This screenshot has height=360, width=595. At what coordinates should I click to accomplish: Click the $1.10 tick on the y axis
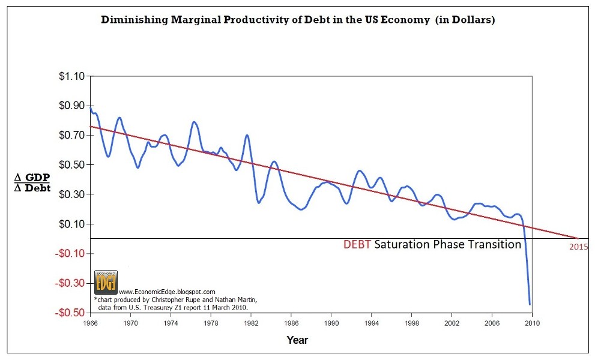click(x=71, y=76)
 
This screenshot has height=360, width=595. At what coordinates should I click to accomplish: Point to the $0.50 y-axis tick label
click(x=71, y=165)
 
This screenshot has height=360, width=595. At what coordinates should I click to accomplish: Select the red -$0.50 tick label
click(x=70, y=313)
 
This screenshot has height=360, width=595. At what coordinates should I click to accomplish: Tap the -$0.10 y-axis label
click(x=70, y=254)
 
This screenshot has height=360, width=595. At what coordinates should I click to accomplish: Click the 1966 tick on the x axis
click(x=90, y=323)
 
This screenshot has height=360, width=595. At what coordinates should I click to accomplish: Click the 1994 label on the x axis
click(x=372, y=323)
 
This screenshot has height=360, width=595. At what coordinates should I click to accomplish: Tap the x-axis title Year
click(x=297, y=340)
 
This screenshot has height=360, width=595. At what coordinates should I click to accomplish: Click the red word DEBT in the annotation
click(x=357, y=245)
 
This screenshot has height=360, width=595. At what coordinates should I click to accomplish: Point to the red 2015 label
click(x=579, y=246)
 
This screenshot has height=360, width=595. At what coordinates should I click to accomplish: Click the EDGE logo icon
click(x=106, y=281)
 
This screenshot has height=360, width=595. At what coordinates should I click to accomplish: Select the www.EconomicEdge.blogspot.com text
click(x=163, y=291)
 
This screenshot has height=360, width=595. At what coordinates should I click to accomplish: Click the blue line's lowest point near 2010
click(x=530, y=304)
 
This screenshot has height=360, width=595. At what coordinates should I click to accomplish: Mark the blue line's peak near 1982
click(x=247, y=135)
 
